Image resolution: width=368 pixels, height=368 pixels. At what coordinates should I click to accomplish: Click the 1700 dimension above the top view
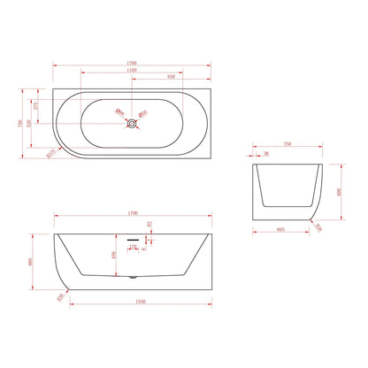132,63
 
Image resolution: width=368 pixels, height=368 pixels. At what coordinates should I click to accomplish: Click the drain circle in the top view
132,121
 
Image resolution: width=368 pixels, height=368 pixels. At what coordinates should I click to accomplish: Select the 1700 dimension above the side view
132,213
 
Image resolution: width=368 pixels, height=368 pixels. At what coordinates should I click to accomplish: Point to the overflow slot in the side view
132,239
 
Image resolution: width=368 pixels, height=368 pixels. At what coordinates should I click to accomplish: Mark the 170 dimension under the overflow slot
133,247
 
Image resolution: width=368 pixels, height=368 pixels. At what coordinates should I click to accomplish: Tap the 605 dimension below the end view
280,229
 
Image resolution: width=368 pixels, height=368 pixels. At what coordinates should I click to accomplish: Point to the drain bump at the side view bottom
133,279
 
